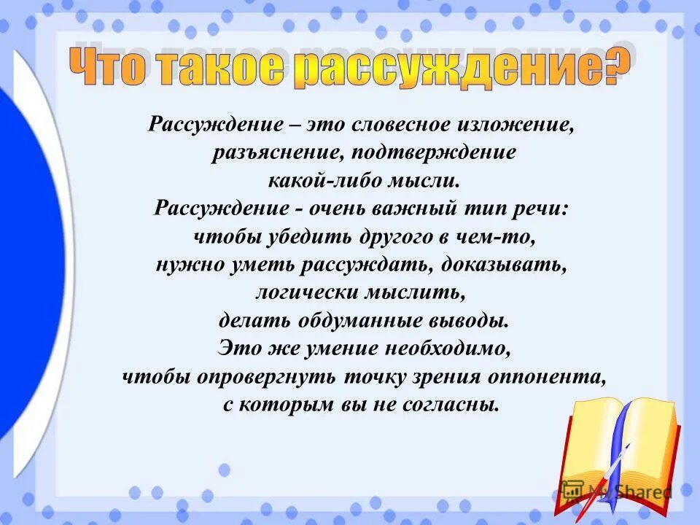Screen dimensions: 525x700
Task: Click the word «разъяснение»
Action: [274, 153]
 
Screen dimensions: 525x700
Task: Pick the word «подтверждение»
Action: [427, 153]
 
